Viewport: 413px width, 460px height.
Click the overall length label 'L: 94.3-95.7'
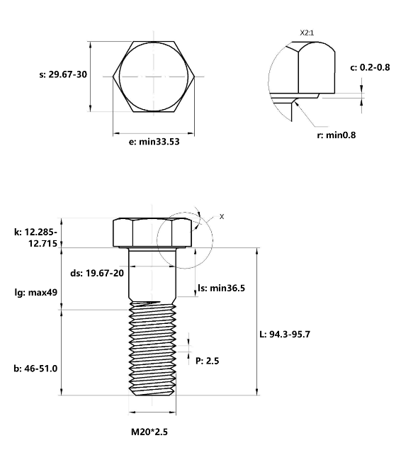[290, 334]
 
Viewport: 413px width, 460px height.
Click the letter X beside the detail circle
[221, 216]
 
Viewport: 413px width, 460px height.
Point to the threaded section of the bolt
[152, 347]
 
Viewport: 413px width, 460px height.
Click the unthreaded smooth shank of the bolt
[152, 276]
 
